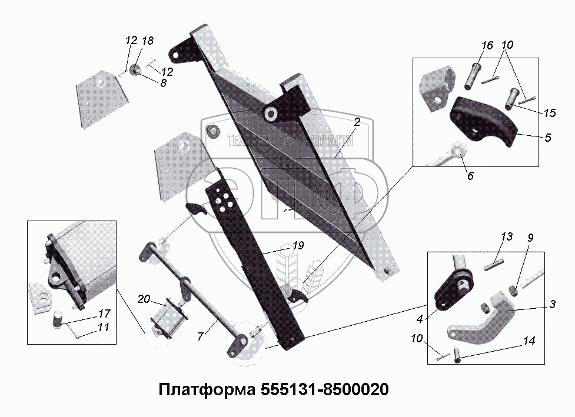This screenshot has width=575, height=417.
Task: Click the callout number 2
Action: (x=357, y=122)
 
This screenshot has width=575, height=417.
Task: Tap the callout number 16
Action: (x=486, y=46)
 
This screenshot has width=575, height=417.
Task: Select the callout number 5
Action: (x=547, y=138)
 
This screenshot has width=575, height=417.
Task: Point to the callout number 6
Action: (x=470, y=175)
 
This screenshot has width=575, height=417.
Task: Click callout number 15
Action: (x=550, y=112)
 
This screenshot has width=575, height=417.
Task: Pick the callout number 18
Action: (x=148, y=41)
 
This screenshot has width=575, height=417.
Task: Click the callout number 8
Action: (x=162, y=83)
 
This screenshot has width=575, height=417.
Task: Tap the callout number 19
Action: (x=298, y=246)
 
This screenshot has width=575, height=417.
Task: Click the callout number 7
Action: (x=201, y=336)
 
